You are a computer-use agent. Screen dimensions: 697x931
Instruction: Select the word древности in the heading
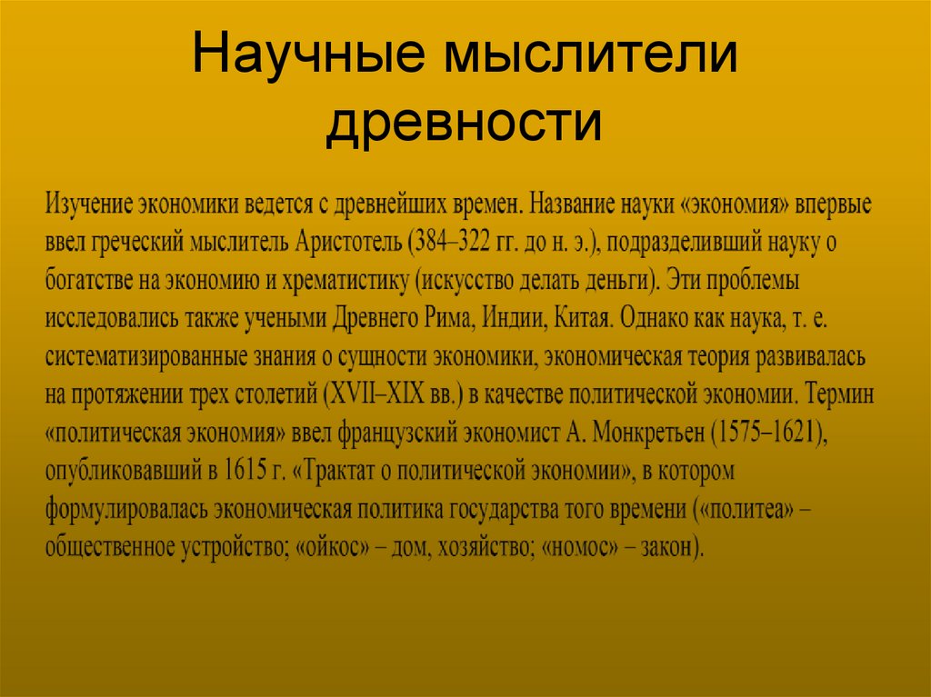click(464, 124)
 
